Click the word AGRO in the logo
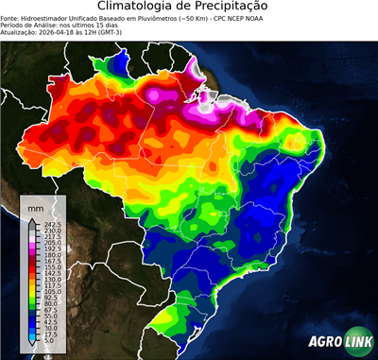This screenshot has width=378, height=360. (324, 341)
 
